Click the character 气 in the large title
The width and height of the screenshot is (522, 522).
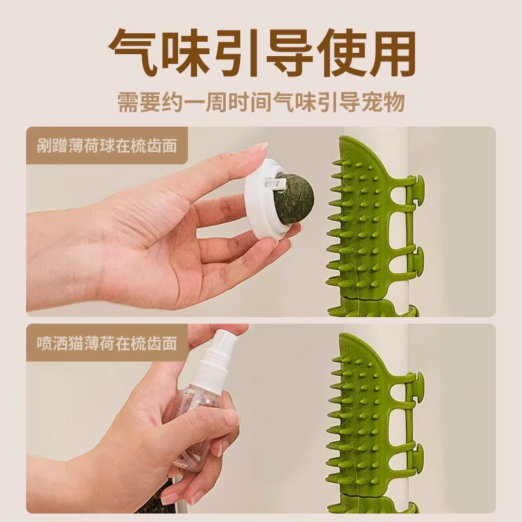[x=133, y=53]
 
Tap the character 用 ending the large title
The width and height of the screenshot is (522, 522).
[x=389, y=53]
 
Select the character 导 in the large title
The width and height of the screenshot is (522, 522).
[x=261, y=53]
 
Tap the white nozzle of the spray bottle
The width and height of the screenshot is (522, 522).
[x=219, y=349]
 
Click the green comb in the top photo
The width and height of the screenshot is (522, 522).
[x=365, y=222]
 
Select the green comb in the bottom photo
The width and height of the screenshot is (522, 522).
[x=365, y=418]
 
